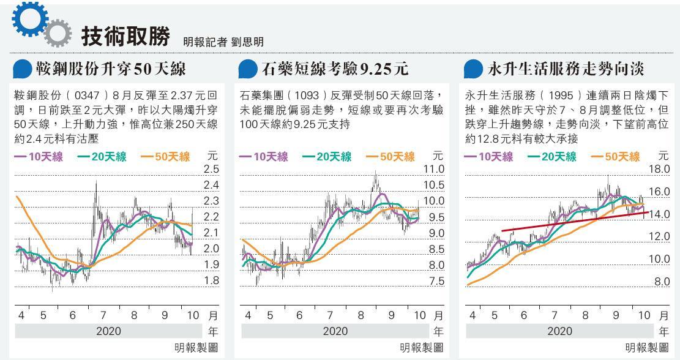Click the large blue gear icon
[x=28, y=20]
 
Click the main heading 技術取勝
[x=125, y=37]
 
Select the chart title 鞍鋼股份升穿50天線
[x=111, y=69]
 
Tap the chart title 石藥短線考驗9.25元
[x=334, y=69]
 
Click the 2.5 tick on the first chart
[x=211, y=169]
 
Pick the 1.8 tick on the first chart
[x=211, y=280]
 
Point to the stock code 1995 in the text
[x=559, y=96]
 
